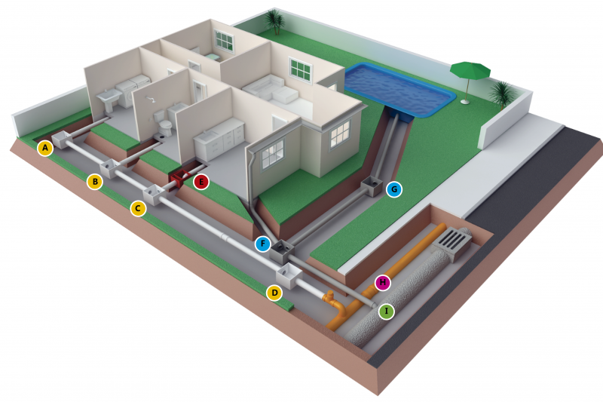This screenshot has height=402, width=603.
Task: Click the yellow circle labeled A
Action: pos(45,148)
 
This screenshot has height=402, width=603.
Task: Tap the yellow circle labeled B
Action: pos(95,182)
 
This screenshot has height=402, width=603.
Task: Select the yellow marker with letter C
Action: pos(138,208)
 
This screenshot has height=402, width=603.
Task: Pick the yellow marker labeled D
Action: pos(274,293)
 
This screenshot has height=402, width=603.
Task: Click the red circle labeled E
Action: pos(201,182)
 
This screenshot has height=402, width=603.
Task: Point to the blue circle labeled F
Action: pos(263,244)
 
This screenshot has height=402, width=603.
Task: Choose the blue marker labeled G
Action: pos(394,189)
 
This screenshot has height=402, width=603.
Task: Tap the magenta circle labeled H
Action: pos(383,283)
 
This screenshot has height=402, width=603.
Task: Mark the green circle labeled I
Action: pos(387,311)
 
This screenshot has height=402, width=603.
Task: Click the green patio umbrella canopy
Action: pos(470,70)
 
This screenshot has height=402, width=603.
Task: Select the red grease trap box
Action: pos(179,180)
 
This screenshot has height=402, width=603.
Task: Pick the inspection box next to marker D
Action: pos(289,276)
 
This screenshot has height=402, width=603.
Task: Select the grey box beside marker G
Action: pos(372,186)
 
